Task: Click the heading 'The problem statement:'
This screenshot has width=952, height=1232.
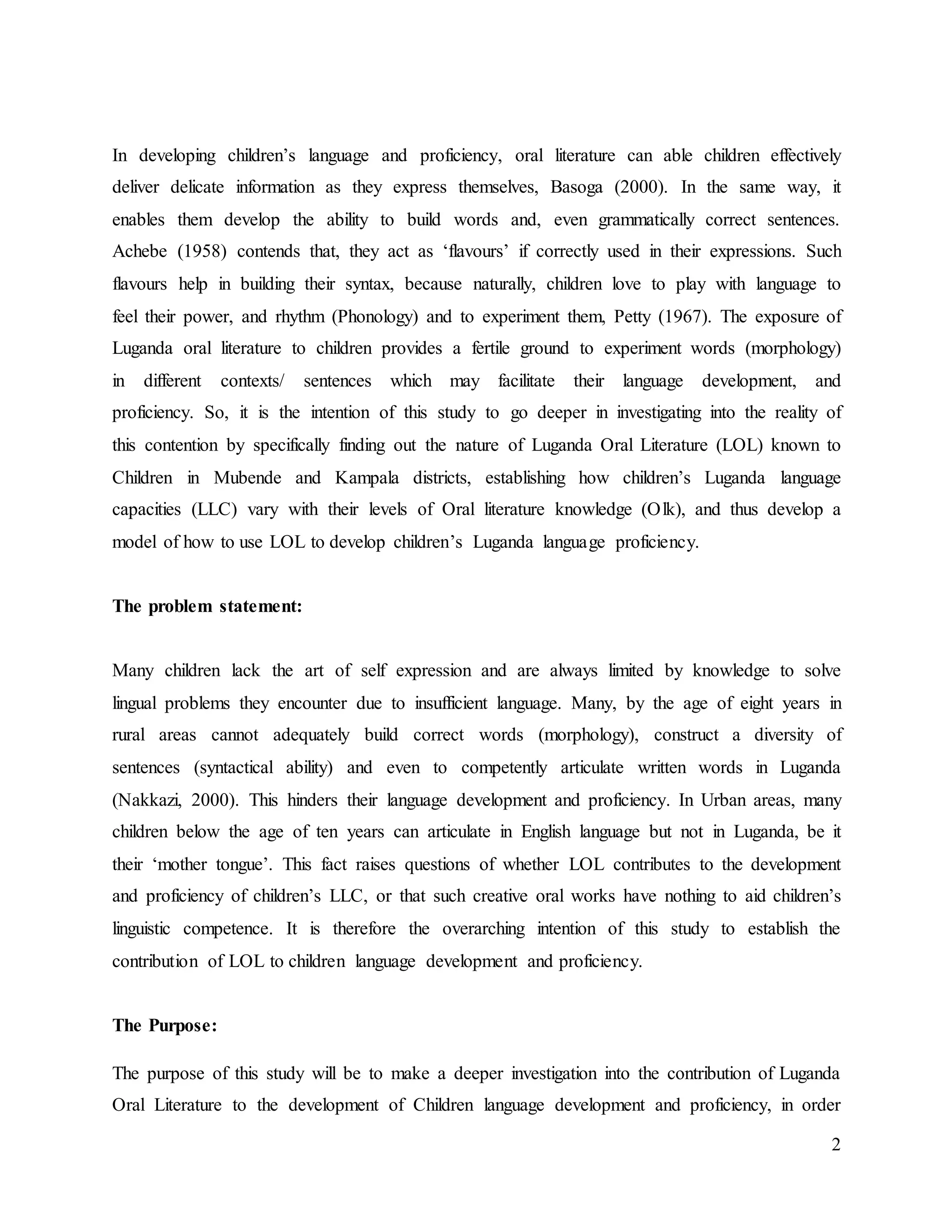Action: [x=207, y=606]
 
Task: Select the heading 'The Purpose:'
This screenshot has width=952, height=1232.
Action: [x=165, y=1025]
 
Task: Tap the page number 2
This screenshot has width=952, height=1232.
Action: [x=836, y=1145]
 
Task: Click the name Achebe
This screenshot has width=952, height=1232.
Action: [x=139, y=251]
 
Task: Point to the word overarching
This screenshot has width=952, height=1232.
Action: [x=483, y=929]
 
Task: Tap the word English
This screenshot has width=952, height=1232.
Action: [x=545, y=832]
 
